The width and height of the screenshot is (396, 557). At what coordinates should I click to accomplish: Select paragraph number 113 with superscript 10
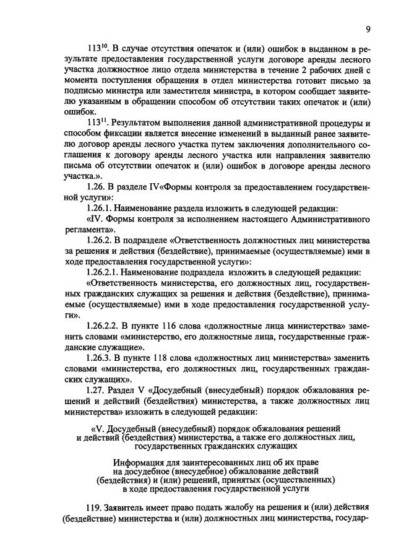98,48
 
